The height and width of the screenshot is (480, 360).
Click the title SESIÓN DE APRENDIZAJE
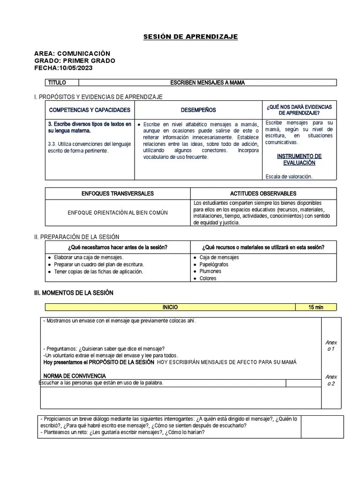point(190,37)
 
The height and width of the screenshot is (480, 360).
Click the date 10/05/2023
point(76,68)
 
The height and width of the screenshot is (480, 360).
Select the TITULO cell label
point(57,83)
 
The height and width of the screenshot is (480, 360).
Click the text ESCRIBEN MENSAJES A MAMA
point(207,83)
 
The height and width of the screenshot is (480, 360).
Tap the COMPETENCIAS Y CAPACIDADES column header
point(90,110)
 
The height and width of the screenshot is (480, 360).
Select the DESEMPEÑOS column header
point(198,110)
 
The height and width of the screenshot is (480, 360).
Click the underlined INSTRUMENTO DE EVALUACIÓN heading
point(299,159)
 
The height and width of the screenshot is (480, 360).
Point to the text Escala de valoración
point(289,177)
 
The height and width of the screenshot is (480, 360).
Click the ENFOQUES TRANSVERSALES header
point(118,194)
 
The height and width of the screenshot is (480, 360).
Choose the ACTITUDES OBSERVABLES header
point(263,194)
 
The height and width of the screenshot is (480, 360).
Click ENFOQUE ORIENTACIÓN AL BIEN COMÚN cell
point(118,213)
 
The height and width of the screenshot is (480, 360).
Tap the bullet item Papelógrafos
point(214,264)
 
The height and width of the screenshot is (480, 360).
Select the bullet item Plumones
point(210,271)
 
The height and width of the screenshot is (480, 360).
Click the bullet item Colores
point(208,278)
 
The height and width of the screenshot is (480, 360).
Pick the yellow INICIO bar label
point(170,307)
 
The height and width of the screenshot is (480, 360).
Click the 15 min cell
point(315,307)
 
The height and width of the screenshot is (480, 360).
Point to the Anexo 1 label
point(331,346)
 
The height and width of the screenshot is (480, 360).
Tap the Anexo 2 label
point(331,380)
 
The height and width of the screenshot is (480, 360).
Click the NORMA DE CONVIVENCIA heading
point(75,376)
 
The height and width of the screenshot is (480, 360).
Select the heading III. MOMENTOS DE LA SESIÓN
point(74,293)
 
